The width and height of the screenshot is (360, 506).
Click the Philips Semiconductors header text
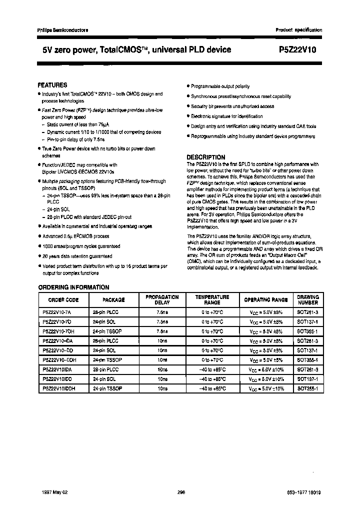62,30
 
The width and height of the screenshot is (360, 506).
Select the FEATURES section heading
52,85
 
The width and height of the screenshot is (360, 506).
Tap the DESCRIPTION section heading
205,157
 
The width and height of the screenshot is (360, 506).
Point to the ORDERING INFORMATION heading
74,287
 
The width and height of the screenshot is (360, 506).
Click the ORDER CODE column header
63,300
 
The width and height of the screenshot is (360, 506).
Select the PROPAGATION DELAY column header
162,300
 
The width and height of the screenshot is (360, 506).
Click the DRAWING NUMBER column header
307,300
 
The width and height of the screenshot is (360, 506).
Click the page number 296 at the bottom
181,492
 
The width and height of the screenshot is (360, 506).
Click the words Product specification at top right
299,30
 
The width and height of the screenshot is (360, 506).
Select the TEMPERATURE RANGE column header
212,300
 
